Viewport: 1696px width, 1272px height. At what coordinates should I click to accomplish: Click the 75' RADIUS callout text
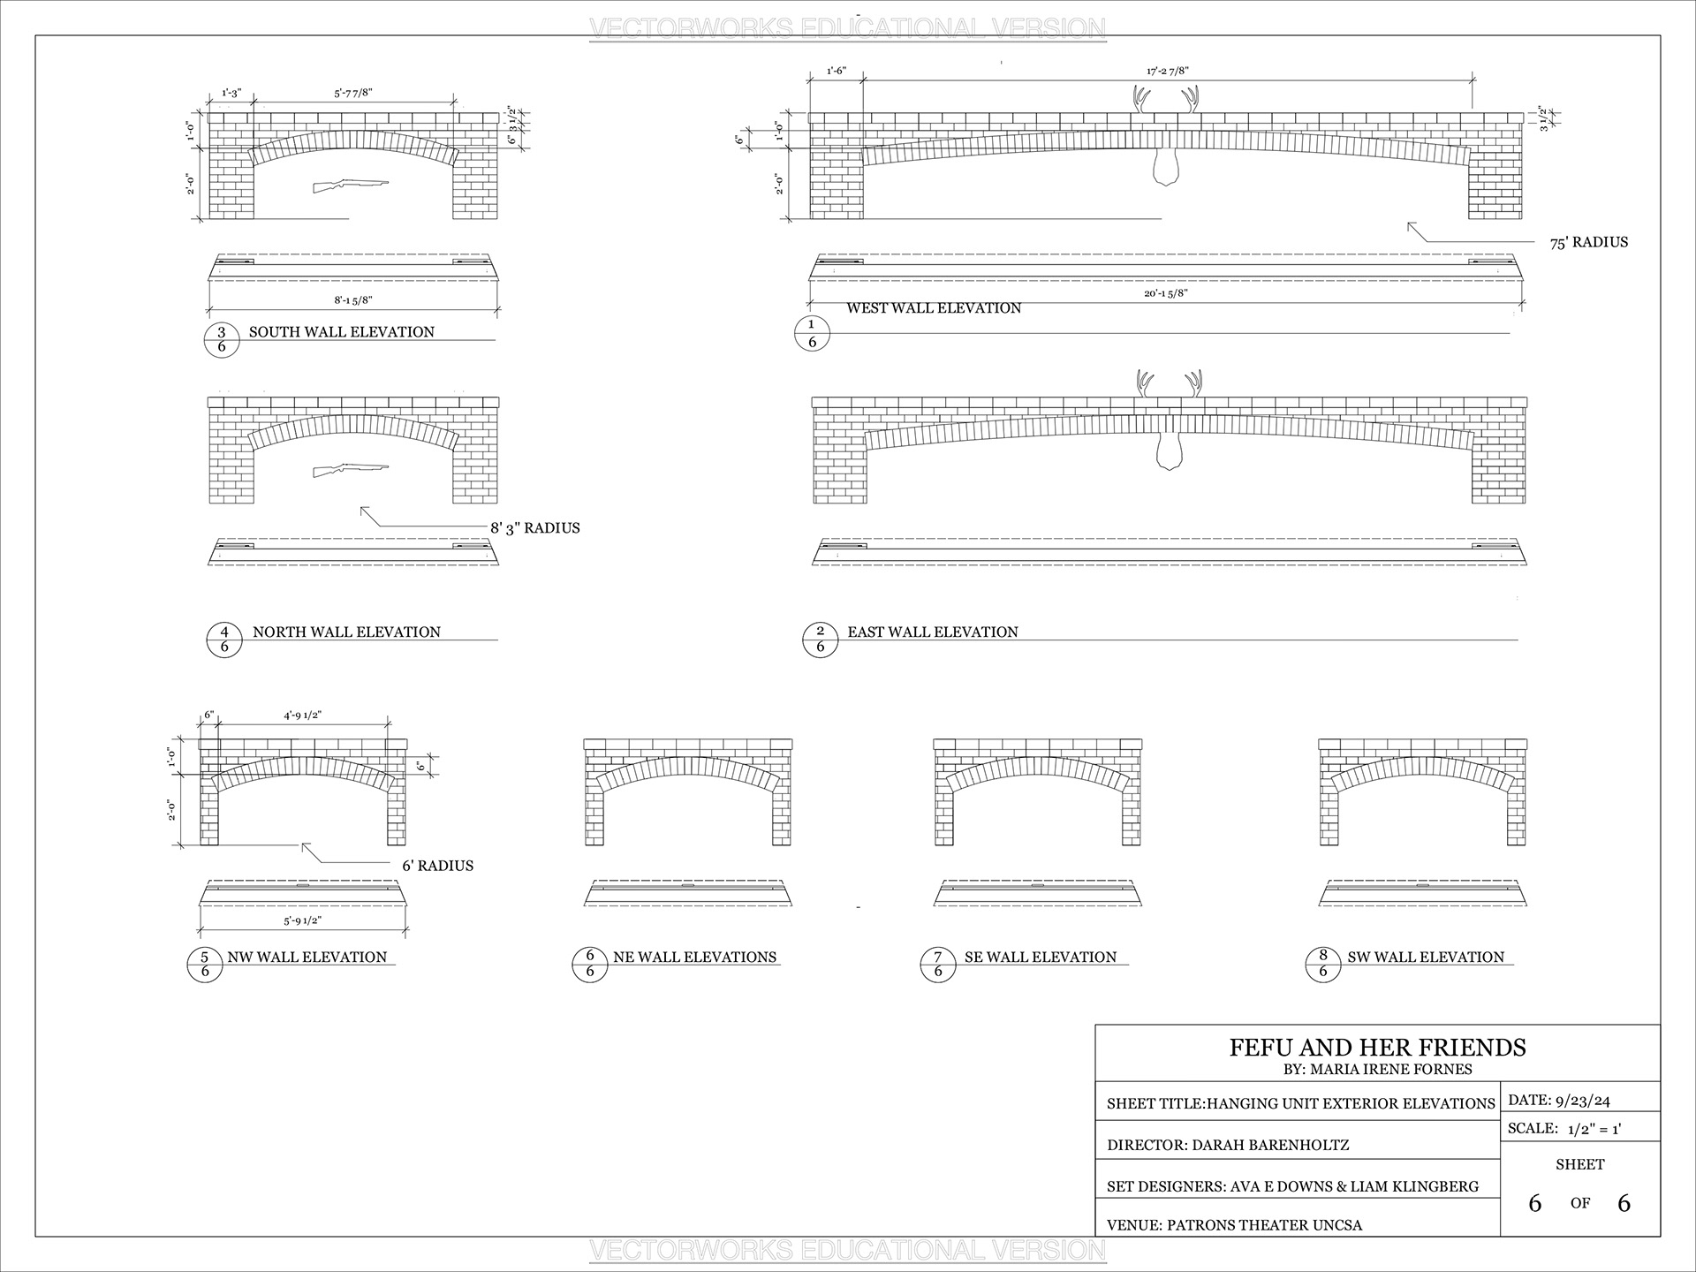tap(1588, 242)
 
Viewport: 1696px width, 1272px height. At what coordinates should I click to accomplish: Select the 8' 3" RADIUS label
tap(534, 528)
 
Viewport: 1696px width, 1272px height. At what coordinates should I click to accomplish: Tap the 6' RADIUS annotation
tap(437, 866)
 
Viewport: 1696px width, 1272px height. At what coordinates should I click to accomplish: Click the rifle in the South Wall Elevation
tap(350, 185)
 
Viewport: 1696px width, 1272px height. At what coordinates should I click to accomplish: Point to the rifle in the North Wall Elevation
tap(350, 470)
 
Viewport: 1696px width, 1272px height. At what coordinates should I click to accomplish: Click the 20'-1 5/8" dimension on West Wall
tap(1166, 293)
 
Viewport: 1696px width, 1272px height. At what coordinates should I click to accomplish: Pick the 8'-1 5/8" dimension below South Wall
tap(353, 300)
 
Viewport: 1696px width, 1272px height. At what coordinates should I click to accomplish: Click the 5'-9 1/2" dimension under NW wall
tap(303, 920)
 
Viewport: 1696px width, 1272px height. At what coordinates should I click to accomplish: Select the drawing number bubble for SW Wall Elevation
tap(1323, 964)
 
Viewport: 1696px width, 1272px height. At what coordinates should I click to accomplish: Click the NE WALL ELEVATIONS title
tap(694, 957)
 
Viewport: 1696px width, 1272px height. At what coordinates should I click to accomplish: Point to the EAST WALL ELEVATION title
tap(933, 632)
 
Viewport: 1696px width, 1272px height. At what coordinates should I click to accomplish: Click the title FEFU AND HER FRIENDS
tap(1377, 1048)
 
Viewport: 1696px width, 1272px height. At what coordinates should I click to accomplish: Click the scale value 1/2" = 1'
tap(1594, 1128)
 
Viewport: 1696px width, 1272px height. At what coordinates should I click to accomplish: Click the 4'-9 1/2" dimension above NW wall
tap(303, 715)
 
